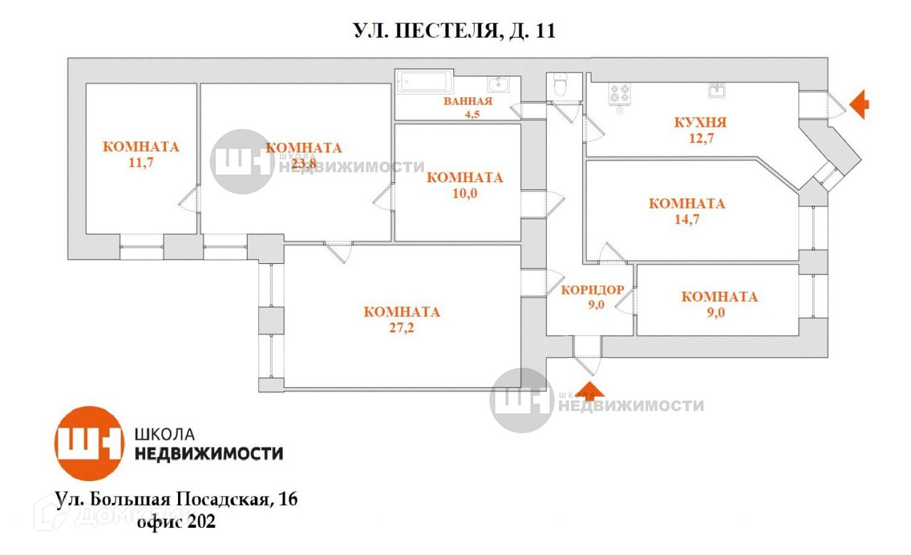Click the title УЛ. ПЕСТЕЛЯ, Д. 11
(454, 31)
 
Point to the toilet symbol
(559, 85)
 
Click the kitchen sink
(717, 90)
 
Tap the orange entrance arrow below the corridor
(588, 389)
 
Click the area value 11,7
(141, 162)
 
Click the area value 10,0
(464, 193)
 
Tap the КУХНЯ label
(700, 122)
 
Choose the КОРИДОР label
(593, 290)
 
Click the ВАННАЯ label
(468, 101)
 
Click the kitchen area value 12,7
(700, 138)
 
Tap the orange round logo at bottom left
(90, 444)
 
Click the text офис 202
(177, 522)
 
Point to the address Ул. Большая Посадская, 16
(177, 499)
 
